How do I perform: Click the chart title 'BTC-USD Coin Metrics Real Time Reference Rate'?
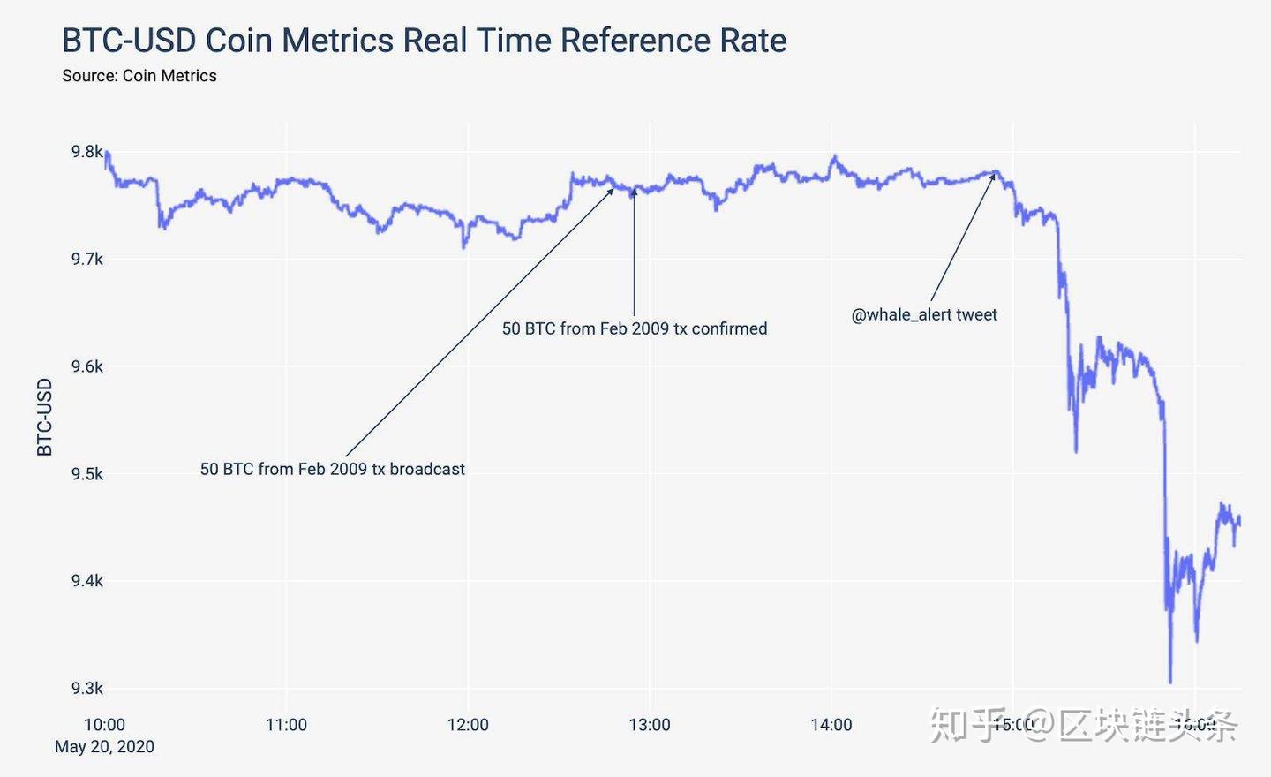(424, 41)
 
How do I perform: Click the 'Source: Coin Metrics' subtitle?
(139, 76)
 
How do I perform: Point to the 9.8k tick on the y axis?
(87, 152)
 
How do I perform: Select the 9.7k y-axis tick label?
(87, 260)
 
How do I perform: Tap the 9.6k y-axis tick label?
(87, 366)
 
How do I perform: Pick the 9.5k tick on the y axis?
(87, 474)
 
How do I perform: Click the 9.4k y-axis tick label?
(87, 581)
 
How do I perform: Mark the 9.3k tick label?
(87, 689)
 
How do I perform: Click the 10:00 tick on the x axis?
(104, 725)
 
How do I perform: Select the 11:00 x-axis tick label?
(286, 725)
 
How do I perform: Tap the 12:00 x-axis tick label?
(468, 725)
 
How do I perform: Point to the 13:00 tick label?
(650, 725)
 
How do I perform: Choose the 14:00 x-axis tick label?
(831, 725)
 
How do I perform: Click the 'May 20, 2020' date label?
(104, 747)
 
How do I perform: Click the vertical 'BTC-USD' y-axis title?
(45, 417)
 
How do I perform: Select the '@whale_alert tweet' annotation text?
(924, 315)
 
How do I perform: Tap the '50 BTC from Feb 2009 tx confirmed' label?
(635, 329)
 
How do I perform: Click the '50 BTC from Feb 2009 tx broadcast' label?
(332, 470)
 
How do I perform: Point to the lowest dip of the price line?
(1170, 682)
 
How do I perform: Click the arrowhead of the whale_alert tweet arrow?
(994, 175)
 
